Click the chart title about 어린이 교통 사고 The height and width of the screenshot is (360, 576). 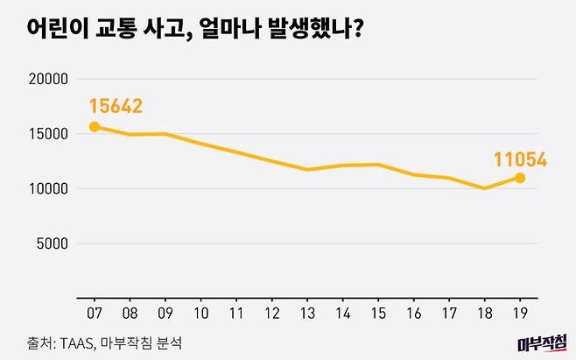point(184,30)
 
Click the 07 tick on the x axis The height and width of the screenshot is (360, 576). point(94,311)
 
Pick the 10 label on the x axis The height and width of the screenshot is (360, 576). point(200,311)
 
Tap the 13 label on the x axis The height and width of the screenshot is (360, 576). point(307,311)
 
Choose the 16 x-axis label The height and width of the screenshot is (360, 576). point(413,311)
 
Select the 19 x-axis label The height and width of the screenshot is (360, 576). point(520,311)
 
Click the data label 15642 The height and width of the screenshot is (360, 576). point(116,107)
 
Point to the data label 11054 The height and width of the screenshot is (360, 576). point(519,159)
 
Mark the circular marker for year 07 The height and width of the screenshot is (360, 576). point(95,127)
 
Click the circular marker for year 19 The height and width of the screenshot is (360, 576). point(520,178)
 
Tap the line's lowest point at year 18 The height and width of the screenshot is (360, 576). point(484,188)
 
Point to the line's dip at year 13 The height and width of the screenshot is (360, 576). point(307,169)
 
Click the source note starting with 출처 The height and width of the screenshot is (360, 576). point(103,340)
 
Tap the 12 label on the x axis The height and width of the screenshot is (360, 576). point(271,311)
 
